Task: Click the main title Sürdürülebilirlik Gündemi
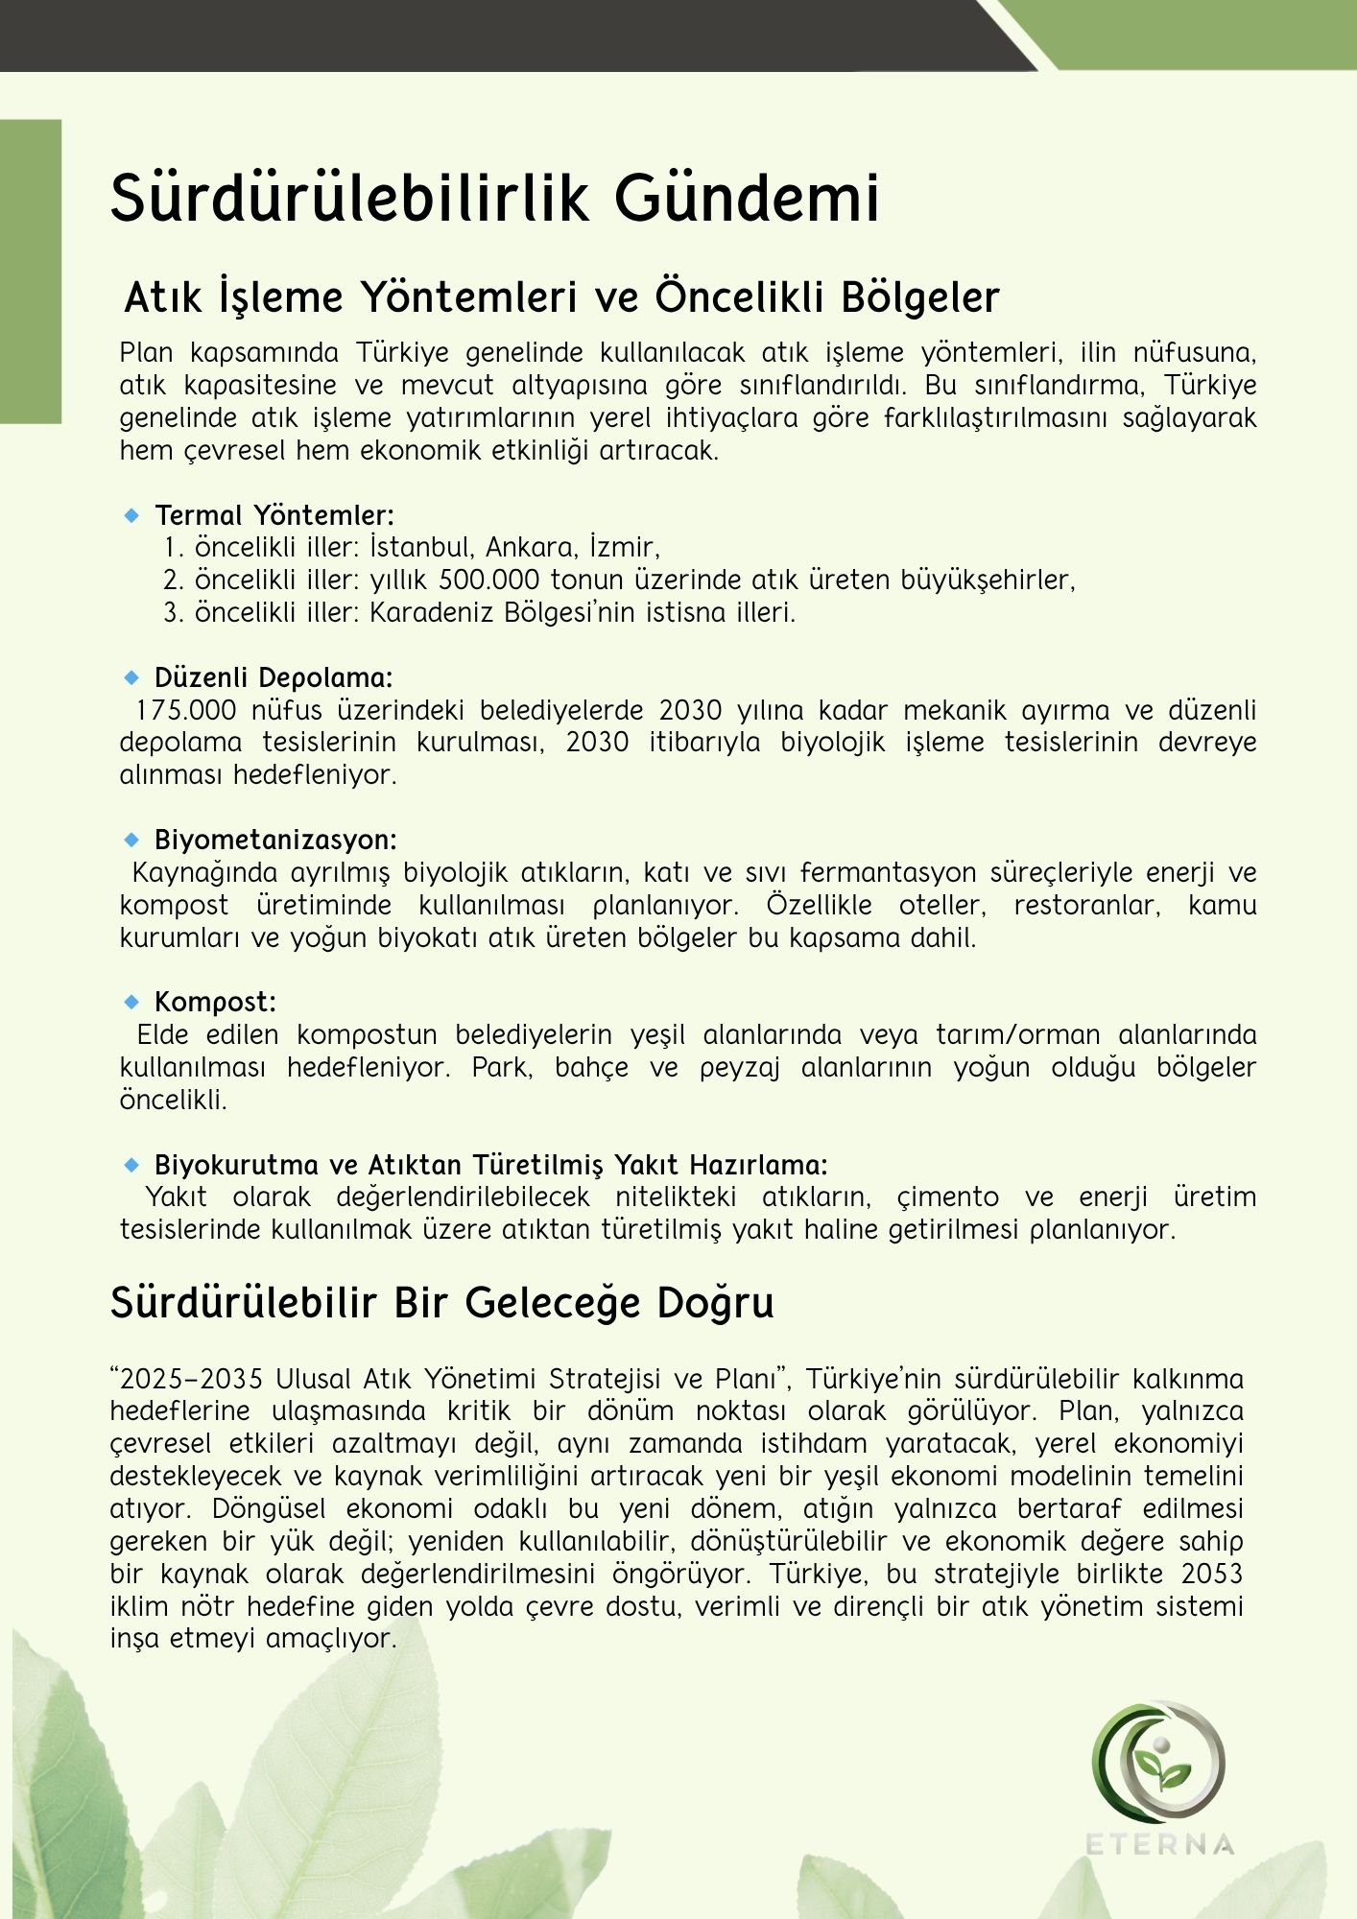pos(494,199)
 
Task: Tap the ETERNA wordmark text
pos(1159,1844)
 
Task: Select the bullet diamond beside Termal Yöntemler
pos(132,516)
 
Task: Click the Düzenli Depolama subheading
pos(274,678)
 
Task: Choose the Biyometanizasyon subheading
pos(275,841)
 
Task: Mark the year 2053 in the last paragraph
pos(1211,1575)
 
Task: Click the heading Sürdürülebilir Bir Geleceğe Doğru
pos(441,1303)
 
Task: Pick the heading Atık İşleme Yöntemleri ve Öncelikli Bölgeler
pos(561,297)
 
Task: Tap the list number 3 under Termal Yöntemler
pos(173,612)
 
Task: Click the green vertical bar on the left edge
pos(31,271)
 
